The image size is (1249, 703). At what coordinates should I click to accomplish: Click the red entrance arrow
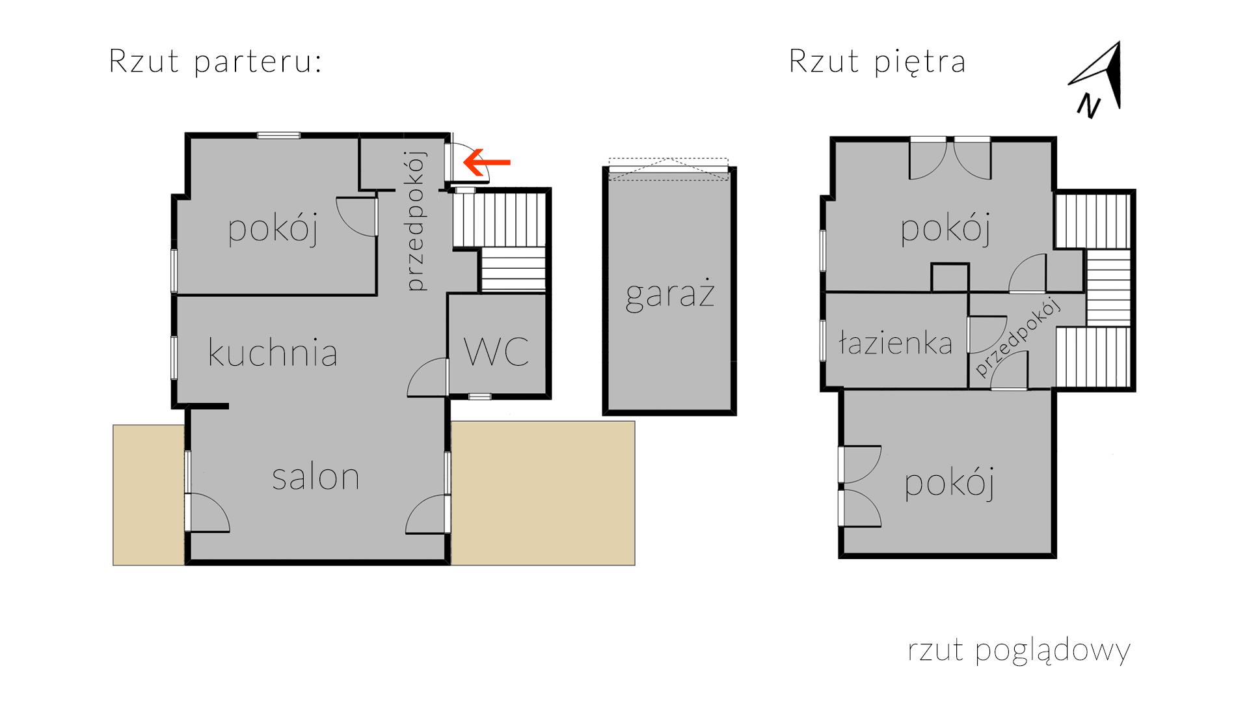point(487,162)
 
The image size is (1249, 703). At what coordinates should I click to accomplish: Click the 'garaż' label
point(670,294)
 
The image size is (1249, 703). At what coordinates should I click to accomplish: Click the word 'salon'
point(316,476)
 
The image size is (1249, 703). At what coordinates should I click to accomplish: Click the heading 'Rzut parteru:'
point(215,62)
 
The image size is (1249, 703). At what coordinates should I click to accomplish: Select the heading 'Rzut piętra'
point(877,62)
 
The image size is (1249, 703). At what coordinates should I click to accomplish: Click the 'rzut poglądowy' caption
point(1019,650)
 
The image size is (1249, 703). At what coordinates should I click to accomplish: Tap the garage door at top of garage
point(669,168)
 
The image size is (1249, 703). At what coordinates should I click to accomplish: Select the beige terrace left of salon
point(149,495)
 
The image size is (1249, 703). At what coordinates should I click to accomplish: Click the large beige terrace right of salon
point(543,493)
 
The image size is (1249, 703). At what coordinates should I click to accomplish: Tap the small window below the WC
point(480,396)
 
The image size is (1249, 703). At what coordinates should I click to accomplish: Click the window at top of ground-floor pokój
point(278,135)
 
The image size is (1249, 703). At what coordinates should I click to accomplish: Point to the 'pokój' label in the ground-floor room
point(273,229)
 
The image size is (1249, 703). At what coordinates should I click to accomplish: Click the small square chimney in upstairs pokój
point(950,277)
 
